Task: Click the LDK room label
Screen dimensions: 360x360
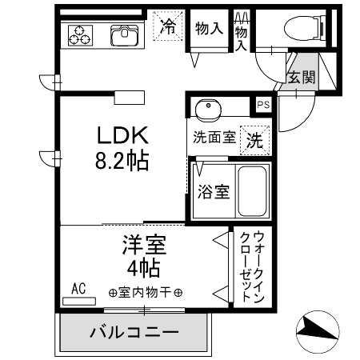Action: [x=122, y=135]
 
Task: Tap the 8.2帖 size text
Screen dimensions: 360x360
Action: [x=122, y=160]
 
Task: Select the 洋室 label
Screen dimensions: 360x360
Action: [x=144, y=245]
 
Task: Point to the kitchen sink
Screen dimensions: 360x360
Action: [x=124, y=35]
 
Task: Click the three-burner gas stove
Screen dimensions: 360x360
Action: [x=80, y=35]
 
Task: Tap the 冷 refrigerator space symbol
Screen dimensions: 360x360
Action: [x=168, y=26]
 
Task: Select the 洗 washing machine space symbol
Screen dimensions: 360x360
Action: [x=254, y=140]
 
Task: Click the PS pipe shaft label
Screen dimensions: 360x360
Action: [x=263, y=105]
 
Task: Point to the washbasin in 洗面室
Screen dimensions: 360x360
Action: [x=208, y=109]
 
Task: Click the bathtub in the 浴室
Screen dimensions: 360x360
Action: [x=252, y=191]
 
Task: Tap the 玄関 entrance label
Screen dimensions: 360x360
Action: [x=302, y=77]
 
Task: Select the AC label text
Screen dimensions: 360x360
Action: [x=78, y=289]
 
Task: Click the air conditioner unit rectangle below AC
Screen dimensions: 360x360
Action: [x=79, y=301]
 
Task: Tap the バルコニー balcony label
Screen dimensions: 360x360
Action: [x=134, y=332]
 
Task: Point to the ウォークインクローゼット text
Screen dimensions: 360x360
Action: [x=252, y=266]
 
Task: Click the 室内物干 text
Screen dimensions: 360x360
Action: [x=145, y=293]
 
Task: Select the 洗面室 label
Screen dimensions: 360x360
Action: [x=214, y=138]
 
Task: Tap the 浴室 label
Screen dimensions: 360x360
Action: [x=214, y=192]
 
